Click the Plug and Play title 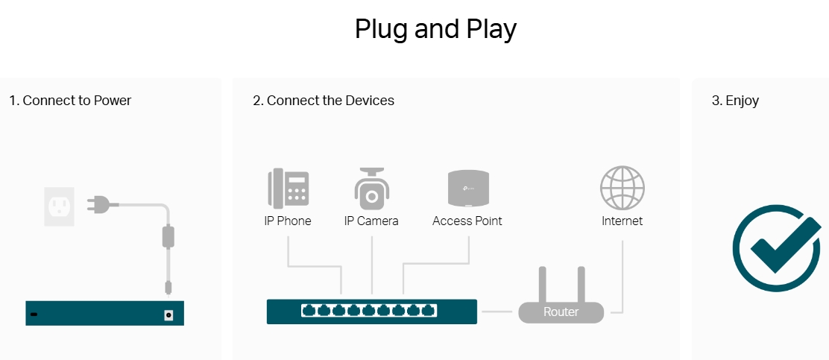tap(435, 29)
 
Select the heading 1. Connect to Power tap(70, 101)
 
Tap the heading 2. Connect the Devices tap(324, 101)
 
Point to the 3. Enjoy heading tap(735, 101)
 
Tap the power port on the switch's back tap(168, 315)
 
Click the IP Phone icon tap(288, 188)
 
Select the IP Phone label tap(288, 221)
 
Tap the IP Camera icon tap(371, 189)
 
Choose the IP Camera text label tap(371, 221)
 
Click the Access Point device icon tap(467, 188)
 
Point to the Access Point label tap(467, 221)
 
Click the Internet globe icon tap(622, 188)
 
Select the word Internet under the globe tap(622, 221)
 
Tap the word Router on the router tap(561, 312)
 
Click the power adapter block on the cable tap(168, 236)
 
